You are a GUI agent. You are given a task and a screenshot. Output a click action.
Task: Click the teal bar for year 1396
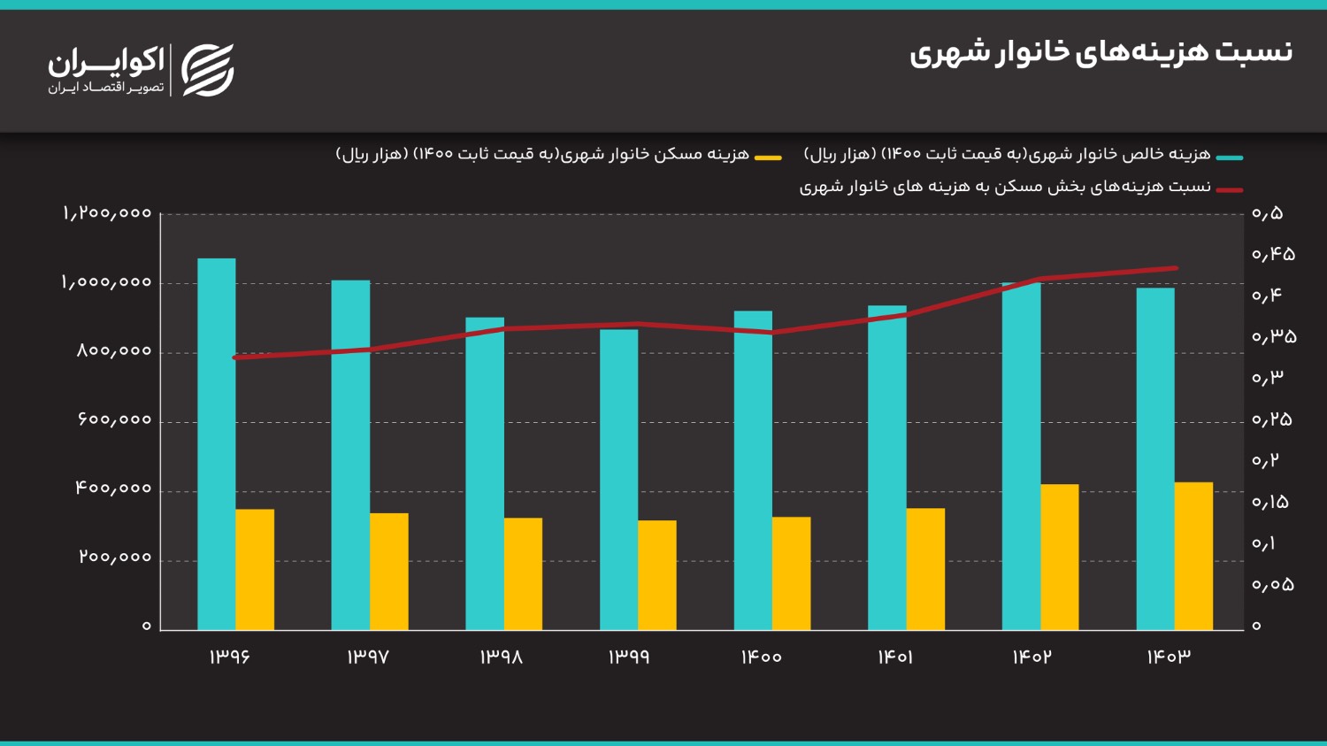[217, 443]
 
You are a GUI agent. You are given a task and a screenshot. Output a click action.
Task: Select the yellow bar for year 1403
[1193, 556]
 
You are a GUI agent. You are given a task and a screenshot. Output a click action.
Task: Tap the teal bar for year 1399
[618, 479]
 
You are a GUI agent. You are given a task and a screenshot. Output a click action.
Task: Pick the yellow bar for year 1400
[791, 573]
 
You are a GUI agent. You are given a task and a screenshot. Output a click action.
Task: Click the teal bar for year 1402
[1021, 456]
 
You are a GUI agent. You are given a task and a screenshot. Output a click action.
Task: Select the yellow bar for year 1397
[389, 571]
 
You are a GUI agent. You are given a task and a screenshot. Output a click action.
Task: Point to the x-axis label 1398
[502, 657]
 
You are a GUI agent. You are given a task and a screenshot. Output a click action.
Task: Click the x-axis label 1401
[895, 657]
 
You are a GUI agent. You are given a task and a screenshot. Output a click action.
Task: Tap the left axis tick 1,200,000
[107, 213]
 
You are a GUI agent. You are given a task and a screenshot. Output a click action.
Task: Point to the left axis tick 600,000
[114, 419]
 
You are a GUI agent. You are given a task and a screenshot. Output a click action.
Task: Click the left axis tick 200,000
[115, 558]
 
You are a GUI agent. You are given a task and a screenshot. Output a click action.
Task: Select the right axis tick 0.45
[1273, 254]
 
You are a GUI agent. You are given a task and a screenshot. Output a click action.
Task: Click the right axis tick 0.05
[1272, 584]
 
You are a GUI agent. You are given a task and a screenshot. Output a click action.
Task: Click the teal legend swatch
[1229, 158]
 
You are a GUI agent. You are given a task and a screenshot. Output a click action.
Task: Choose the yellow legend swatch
[768, 158]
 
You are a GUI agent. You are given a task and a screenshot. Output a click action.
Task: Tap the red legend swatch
[1229, 189]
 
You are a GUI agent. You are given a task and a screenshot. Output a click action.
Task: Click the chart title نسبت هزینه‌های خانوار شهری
[1101, 52]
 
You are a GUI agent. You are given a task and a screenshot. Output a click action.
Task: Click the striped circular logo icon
[208, 70]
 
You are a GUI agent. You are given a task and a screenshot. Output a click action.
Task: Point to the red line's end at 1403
[1176, 268]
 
